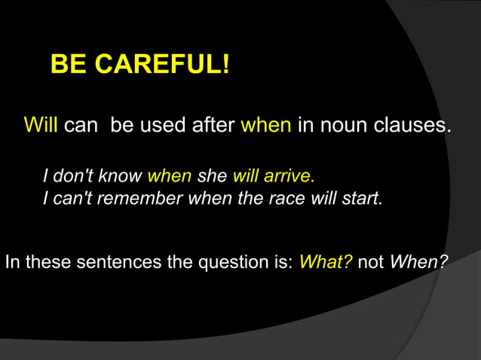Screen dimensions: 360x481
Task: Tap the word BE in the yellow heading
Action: coord(67,65)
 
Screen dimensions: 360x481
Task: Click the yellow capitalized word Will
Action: coord(41,124)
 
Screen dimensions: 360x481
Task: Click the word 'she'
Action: coord(212,176)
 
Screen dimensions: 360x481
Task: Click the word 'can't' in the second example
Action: coord(72,200)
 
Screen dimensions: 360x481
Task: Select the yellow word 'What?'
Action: coord(326,263)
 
